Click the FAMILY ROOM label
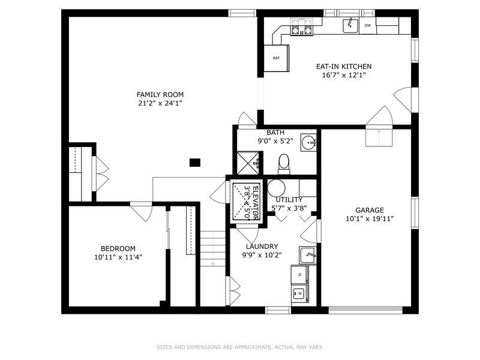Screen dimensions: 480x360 pos(160,95)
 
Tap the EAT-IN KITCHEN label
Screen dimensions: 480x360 pos(344,67)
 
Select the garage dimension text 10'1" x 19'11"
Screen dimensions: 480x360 pos(370,218)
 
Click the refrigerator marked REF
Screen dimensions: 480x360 pos(277,58)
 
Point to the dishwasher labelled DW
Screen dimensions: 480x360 pos(368,25)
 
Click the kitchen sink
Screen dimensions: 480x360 pos(350,25)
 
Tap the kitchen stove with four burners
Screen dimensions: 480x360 pos(302,27)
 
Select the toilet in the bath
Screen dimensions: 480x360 pos(284,164)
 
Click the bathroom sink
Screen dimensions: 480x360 pos(308,142)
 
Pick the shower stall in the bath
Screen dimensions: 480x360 pos(248,163)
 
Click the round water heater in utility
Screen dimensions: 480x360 pos(277,188)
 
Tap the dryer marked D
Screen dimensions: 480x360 pos(299,275)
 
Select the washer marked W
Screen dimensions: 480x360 pos(299,293)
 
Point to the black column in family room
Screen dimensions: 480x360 pos(195,162)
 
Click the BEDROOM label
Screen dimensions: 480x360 pos(118,248)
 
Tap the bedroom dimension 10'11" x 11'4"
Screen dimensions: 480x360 pos(118,257)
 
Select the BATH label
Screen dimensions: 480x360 pos(275,133)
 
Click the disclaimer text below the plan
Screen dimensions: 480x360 pos(240,347)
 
